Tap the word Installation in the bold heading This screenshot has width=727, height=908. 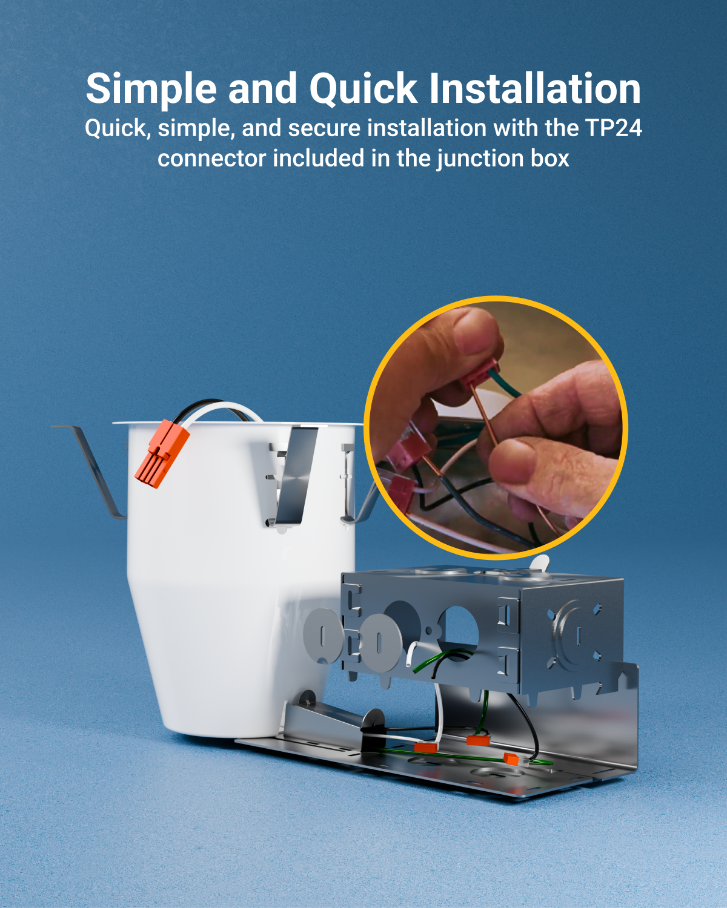535,88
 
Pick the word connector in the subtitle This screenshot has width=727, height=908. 211,159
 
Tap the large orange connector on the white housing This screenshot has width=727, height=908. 162,453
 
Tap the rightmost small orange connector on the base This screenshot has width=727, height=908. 511,758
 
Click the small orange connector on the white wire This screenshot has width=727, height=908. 425,748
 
